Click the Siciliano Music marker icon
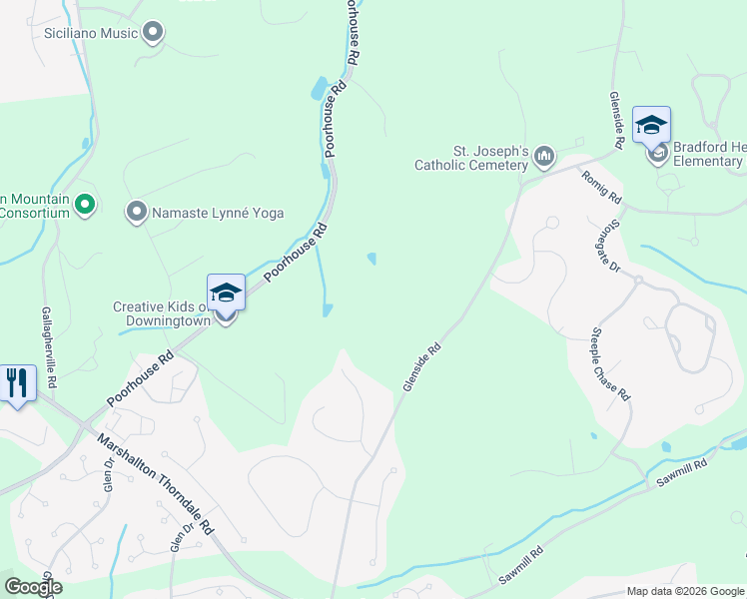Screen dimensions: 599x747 (x=153, y=34)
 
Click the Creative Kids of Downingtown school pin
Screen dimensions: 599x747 (x=226, y=294)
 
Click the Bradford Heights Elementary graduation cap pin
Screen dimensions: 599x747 (x=651, y=126)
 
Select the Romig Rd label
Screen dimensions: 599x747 (x=601, y=186)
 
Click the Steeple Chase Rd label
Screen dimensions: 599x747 (x=610, y=363)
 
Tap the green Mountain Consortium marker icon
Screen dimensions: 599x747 (x=85, y=206)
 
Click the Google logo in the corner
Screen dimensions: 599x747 (x=33, y=587)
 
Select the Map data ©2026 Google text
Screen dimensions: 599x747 (x=684, y=591)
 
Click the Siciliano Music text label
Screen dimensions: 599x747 (x=91, y=34)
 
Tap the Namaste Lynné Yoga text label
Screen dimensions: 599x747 (x=218, y=213)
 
